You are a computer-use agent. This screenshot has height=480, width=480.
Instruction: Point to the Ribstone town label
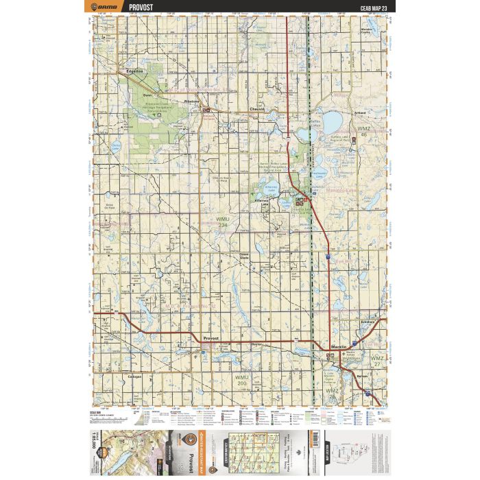(x=191, y=101)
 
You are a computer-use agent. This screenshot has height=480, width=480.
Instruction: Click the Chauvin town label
(x=257, y=110)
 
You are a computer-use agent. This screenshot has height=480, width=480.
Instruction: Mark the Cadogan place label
(x=134, y=376)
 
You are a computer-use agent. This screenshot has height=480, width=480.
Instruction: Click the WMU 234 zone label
(x=223, y=222)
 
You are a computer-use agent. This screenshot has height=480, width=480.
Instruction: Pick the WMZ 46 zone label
(x=364, y=132)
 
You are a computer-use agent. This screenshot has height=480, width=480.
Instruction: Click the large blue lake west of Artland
(x=332, y=123)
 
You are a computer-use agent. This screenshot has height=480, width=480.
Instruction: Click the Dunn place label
(x=147, y=95)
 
